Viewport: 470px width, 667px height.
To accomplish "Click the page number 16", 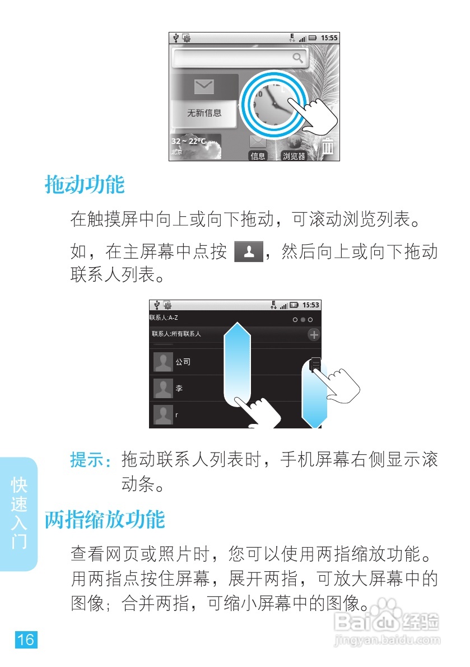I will (26, 640).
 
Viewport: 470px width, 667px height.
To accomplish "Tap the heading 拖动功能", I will (85, 184).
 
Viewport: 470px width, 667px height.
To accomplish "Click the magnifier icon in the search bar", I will (298, 57).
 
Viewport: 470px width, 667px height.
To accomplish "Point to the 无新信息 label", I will (204, 113).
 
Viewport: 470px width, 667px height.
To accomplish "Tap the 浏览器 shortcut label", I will (294, 156).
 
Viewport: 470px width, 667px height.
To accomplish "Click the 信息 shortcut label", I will (258, 156).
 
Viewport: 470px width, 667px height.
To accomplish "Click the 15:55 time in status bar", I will (329, 38).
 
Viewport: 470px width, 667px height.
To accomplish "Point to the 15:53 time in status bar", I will (310, 305).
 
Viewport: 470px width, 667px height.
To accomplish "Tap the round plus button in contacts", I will (314, 334).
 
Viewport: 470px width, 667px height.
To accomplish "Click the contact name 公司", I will (183, 362).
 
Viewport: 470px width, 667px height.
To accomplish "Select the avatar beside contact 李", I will (163, 388).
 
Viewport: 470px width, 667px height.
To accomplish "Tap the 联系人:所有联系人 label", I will (176, 334).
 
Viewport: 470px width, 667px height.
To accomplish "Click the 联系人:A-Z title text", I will (164, 318).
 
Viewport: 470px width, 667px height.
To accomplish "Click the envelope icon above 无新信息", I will (204, 87).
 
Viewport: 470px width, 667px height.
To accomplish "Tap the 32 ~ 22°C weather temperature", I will (188, 141).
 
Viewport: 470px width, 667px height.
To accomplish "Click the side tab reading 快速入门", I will (19, 513).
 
